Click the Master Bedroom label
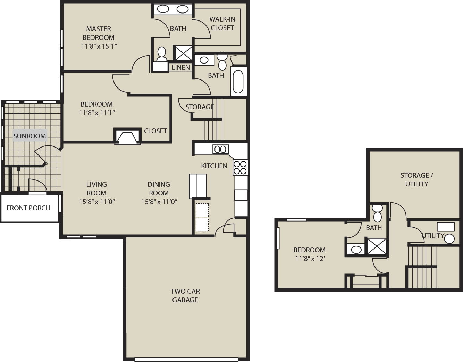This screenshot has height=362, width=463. click(x=99, y=33)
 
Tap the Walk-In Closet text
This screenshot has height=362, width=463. click(x=222, y=24)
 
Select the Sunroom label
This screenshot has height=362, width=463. click(x=30, y=136)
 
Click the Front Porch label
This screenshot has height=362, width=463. click(x=28, y=208)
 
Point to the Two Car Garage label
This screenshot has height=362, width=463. click(x=185, y=295)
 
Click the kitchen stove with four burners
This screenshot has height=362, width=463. click(x=240, y=168)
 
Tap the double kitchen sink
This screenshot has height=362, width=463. click(x=220, y=149)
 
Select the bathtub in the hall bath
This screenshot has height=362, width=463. click(x=238, y=82)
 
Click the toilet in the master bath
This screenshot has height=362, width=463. click(x=161, y=54)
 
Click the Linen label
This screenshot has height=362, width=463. click(x=181, y=67)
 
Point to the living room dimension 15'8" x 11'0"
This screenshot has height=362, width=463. click(x=97, y=202)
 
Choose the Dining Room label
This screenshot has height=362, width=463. click(x=159, y=188)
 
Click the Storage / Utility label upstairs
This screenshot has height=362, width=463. click(x=416, y=179)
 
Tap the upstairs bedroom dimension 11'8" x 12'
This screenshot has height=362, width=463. click(x=310, y=259)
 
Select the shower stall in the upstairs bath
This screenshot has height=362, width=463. click(x=377, y=246)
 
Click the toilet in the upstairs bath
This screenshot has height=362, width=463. click(x=377, y=213)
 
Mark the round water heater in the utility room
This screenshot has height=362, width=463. click(x=449, y=238)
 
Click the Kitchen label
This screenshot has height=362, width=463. click(x=214, y=166)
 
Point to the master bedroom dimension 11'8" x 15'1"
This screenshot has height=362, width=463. click(x=99, y=46)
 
